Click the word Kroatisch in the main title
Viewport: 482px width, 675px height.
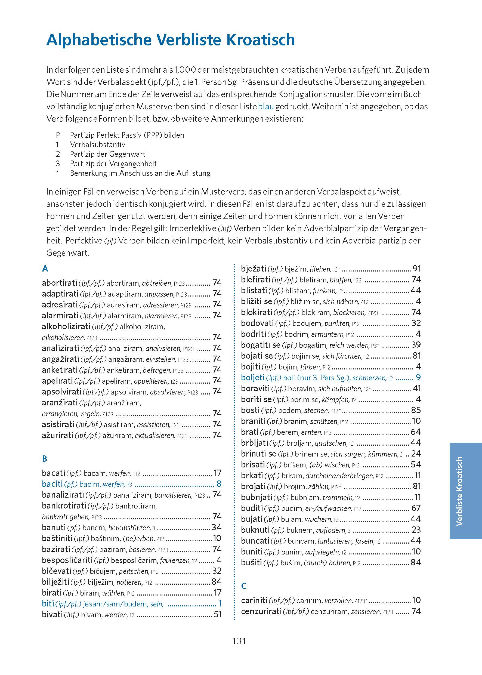pyautogui.click(x=261, y=40)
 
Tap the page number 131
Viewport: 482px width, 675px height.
pyautogui.click(x=239, y=641)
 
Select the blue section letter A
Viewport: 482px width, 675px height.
pyautogui.click(x=45, y=269)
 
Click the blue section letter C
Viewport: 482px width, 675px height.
pyautogui.click(x=244, y=586)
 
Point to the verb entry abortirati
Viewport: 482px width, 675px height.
pyautogui.click(x=59, y=283)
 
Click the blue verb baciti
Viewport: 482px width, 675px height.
pyautogui.click(x=52, y=484)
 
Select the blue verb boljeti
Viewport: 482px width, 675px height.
pyautogui.click(x=253, y=377)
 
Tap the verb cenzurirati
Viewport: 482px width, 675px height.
pyautogui.click(x=261, y=611)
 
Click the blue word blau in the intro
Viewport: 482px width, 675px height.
pyautogui.click(x=266, y=107)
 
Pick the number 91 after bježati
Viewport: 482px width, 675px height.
pyautogui.click(x=416, y=269)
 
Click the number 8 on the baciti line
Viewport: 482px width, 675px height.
pyautogui.click(x=219, y=484)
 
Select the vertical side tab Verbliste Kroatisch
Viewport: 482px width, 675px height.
pyautogui.click(x=459, y=491)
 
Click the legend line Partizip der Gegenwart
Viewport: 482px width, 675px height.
pyautogui.click(x=107, y=154)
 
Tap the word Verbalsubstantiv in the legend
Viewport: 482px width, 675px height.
pyautogui.click(x=97, y=144)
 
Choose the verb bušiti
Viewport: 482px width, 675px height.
pyautogui.click(x=251, y=563)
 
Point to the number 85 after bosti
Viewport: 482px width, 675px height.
pyautogui.click(x=416, y=410)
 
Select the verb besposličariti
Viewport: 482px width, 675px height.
pyautogui.click(x=67, y=560)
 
